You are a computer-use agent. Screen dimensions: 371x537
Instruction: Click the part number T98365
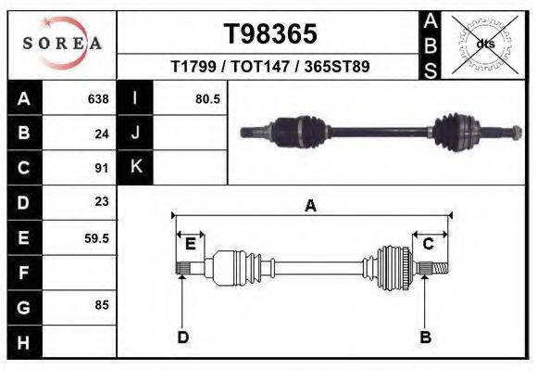270,34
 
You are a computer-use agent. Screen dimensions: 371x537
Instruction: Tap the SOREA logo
61,43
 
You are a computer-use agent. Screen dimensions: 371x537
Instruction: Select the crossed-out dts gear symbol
484,44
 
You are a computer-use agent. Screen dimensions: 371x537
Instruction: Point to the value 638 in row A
98,99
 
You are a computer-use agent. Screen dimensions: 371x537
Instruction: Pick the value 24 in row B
102,134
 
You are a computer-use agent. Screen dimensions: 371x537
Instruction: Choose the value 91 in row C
102,169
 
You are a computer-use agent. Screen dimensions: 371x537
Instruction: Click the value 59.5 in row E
97,238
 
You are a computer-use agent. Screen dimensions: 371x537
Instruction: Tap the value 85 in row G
102,303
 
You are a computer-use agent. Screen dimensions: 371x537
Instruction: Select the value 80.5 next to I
207,99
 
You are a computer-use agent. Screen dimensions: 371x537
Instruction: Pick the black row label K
136,167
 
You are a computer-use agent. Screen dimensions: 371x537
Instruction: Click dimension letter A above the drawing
311,206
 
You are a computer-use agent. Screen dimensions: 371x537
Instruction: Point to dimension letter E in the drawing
190,243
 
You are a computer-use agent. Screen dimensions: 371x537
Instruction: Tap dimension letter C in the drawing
429,243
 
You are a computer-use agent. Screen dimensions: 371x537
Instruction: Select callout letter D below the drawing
182,337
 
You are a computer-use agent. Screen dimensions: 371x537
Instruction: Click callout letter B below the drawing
425,337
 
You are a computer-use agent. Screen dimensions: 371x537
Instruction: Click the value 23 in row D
102,201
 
